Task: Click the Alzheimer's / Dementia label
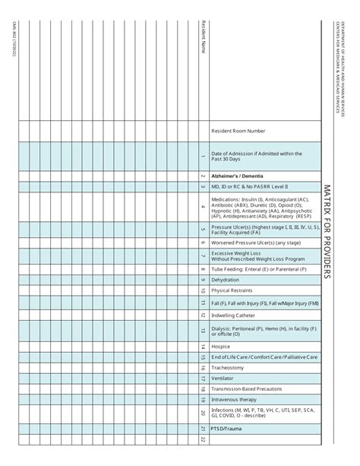click(x=238, y=175)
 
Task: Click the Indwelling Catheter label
click(x=233, y=315)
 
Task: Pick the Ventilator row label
click(x=223, y=378)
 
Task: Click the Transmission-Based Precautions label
click(x=246, y=388)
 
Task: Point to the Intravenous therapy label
click(x=235, y=399)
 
